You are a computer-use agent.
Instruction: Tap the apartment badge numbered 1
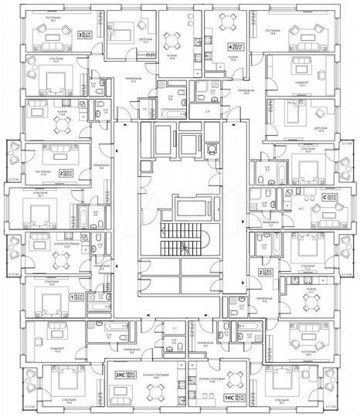tap(73, 297)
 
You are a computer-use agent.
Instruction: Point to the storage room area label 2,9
tap(208, 113)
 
